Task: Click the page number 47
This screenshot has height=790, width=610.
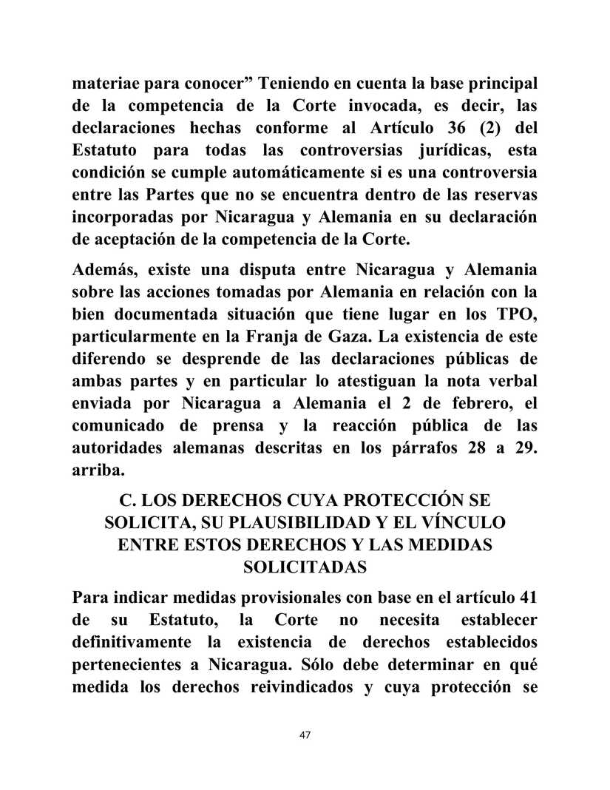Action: [305, 735]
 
